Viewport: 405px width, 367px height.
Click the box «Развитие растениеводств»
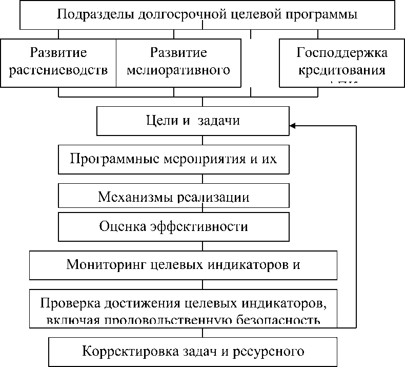58,62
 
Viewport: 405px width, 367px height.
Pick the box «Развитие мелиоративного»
178,62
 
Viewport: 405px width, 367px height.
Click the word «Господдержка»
342,53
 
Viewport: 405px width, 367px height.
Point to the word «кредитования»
342,71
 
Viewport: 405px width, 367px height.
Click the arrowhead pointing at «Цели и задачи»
292,125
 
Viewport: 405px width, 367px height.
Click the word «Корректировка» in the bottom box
129,352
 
